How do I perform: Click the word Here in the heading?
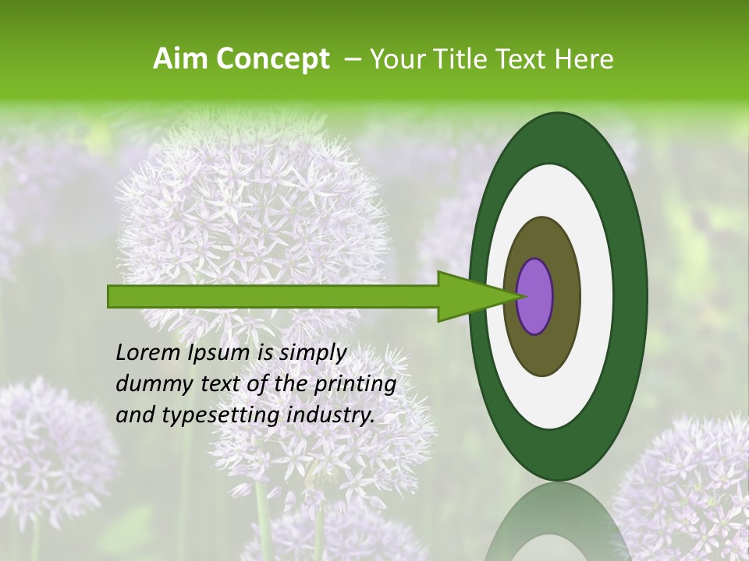584,59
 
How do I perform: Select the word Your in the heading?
395,59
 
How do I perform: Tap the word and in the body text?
134,415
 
